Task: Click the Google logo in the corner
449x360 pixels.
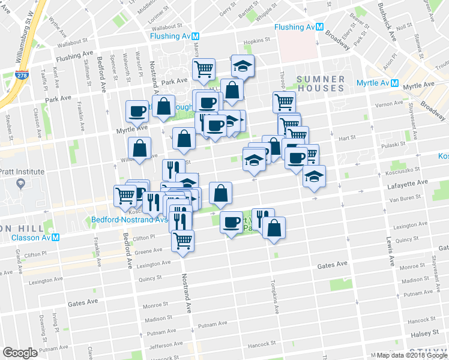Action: tap(20, 353)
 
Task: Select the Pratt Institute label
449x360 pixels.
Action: tap(22, 172)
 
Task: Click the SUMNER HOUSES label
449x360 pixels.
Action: tap(321, 83)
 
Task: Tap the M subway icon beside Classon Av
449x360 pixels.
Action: tap(55, 237)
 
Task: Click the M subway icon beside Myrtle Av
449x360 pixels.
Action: tap(395, 83)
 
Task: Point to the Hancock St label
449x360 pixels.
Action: tap(261, 345)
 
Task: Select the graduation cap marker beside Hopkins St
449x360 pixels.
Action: tap(243, 66)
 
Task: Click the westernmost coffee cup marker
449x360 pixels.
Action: tap(137, 111)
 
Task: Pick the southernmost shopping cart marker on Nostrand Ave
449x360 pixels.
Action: tap(183, 241)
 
